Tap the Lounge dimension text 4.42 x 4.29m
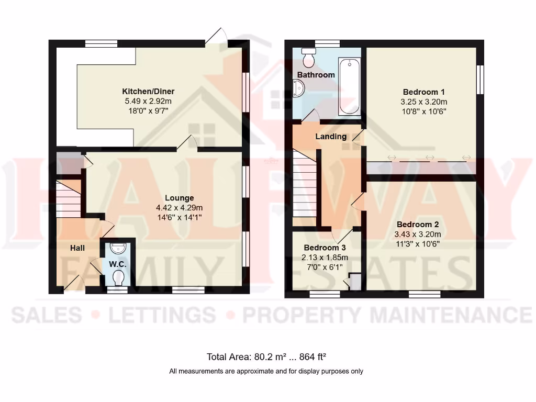coord(180,207)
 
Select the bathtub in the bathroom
coord(349,86)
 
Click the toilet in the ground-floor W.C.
coord(118,277)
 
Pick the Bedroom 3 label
coord(325,248)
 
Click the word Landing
coord(331,137)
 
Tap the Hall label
coord(77,248)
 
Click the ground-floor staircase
coord(68,198)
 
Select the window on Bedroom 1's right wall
coord(479,80)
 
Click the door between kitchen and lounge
coord(187,143)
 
